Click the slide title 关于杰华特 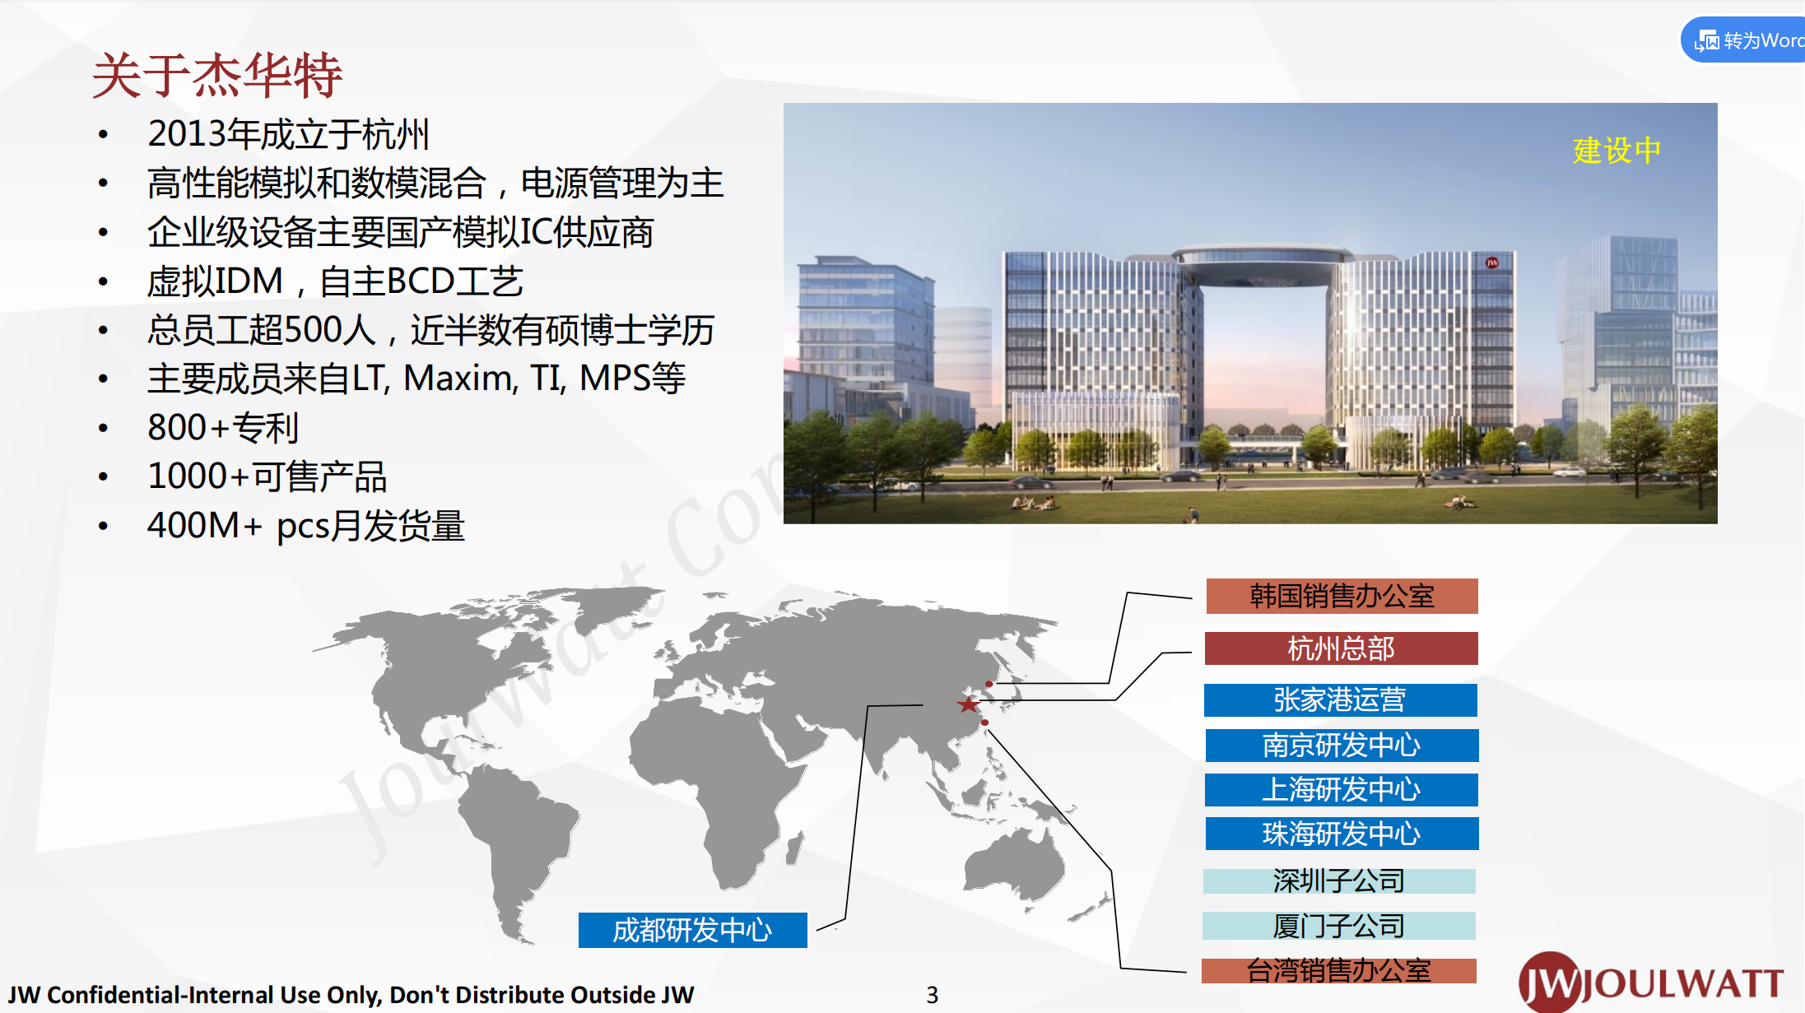point(217,76)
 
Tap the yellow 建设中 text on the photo point(1617,151)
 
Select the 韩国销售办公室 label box point(1342,596)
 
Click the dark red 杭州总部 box point(1341,648)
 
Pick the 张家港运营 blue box point(1340,700)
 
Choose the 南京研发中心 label point(1342,746)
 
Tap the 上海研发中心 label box point(1341,790)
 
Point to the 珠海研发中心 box point(1342,834)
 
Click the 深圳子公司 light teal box point(1339,881)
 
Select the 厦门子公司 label point(1339,926)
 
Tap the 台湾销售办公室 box point(1339,971)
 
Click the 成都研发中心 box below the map point(693,931)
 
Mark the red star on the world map point(969,704)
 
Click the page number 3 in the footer point(932,996)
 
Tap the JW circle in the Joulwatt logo point(1550,982)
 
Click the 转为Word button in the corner point(1743,40)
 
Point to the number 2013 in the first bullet point(187,134)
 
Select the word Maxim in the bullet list point(460,379)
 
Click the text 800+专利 point(223,428)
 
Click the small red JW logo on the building point(1492,263)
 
